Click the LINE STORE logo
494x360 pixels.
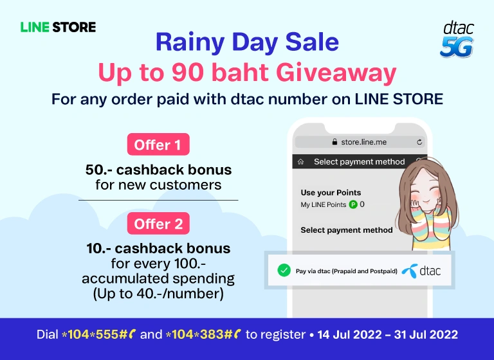[59, 27]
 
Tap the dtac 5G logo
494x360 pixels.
[457, 39]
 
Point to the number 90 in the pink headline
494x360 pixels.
[187, 73]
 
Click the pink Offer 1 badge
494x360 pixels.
[158, 144]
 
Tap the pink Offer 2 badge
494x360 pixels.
[158, 223]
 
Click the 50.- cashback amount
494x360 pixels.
[98, 170]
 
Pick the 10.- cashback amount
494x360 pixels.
[98, 249]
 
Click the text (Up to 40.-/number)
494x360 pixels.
[158, 294]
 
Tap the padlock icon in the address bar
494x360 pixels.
[334, 141]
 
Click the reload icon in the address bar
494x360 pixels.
[419, 142]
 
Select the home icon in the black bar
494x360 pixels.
[300, 161]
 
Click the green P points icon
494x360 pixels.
[353, 204]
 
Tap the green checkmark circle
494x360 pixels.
[284, 270]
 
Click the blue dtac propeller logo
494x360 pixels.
[410, 271]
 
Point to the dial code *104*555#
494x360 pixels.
[95, 334]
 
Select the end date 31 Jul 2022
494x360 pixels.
[426, 334]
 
